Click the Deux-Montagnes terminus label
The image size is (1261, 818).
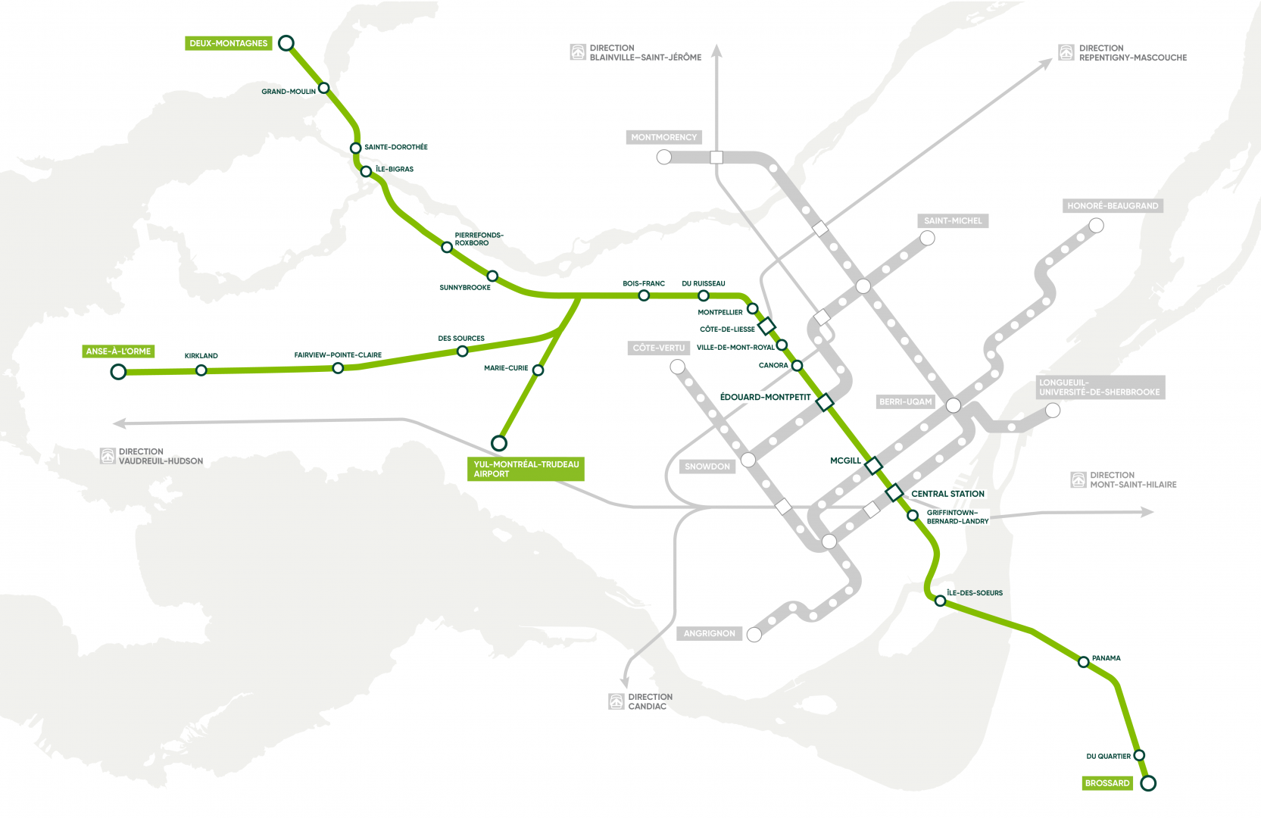[229, 43]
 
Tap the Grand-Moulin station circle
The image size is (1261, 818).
[324, 88]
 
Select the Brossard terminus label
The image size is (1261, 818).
[1107, 783]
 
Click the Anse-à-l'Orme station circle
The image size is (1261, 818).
[118, 371]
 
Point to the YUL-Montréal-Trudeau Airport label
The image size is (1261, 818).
[526, 469]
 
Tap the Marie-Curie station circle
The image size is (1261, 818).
[538, 370]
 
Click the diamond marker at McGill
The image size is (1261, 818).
[873, 465]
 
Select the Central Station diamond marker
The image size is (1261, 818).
[894, 492]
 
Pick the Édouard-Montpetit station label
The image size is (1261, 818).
[765, 397]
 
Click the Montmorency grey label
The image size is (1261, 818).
[663, 137]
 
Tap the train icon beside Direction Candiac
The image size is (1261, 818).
[616, 701]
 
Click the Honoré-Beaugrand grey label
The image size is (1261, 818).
[1113, 205]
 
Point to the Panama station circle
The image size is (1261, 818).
[1084, 662]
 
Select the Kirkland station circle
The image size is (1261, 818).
[201, 370]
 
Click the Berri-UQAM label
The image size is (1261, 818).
[905, 401]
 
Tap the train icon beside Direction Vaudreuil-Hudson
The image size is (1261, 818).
[108, 456]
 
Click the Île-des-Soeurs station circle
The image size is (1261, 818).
[940, 601]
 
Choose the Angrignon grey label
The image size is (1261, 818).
[709, 633]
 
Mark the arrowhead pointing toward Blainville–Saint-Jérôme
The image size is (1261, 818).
[716, 51]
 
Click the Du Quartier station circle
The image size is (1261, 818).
[1139, 755]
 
